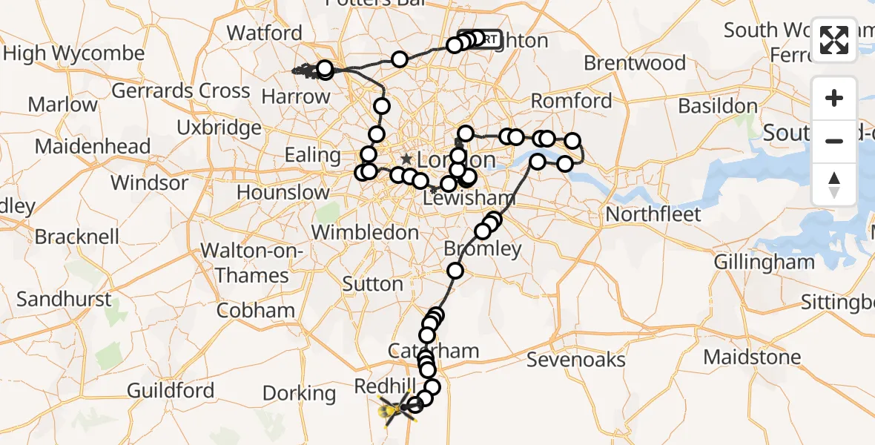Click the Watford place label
coord(265,33)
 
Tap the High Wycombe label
coord(74,54)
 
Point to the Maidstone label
coord(752,357)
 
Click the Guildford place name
coord(171,390)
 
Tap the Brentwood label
coord(635,63)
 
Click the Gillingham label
coord(764,262)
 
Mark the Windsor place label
coord(150,182)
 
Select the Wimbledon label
coord(365,232)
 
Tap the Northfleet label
coord(653,215)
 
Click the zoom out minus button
coord(834,141)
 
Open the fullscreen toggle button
coord(834,40)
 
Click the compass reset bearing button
coord(834,184)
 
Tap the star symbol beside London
coord(406,159)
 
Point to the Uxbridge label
coord(219,128)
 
